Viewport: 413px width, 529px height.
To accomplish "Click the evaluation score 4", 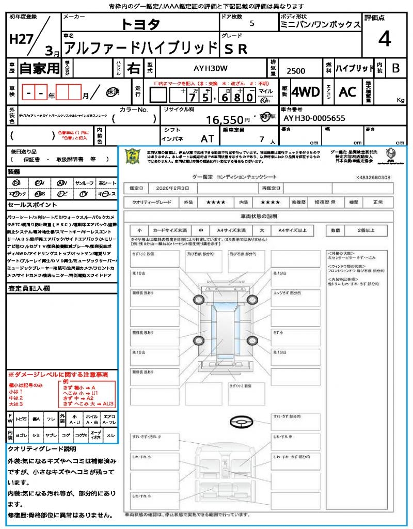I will [x=384, y=39].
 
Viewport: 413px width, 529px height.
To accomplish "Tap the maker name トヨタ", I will [x=141, y=24].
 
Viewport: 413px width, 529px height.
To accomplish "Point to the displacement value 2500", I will [x=295, y=71].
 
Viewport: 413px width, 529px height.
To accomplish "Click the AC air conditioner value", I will [x=347, y=92].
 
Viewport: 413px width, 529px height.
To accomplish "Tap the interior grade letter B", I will [x=395, y=68].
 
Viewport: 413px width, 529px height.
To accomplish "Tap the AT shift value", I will [x=208, y=138].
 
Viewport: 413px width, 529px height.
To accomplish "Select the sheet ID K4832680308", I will [x=373, y=177].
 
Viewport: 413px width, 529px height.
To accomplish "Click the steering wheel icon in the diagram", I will [x=241, y=423].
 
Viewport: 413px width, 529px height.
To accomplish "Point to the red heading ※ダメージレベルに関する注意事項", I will [x=58, y=374].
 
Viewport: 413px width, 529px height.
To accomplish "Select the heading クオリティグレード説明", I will [x=42, y=449].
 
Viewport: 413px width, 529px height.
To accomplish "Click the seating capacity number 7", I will [x=261, y=139].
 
